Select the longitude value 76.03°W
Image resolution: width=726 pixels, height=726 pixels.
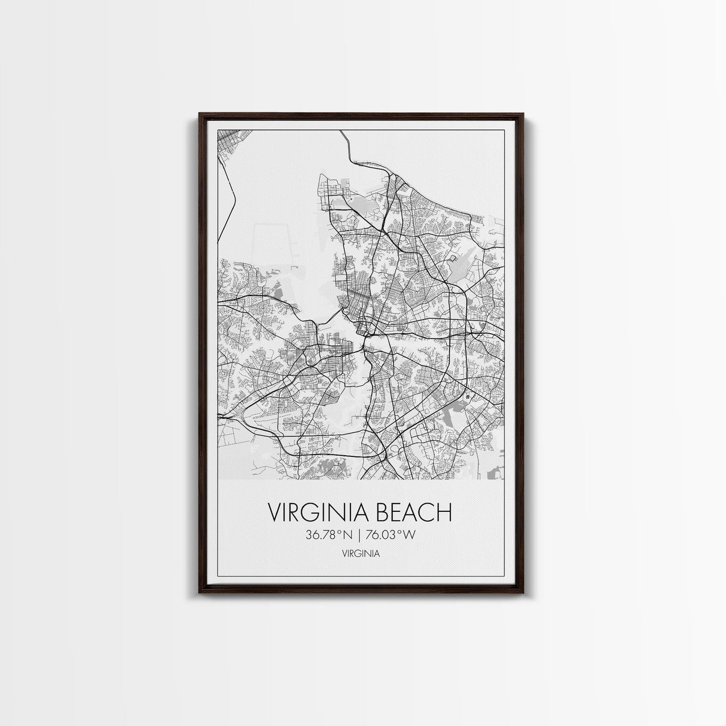(x=390, y=535)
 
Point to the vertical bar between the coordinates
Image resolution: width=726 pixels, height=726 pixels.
(x=359, y=535)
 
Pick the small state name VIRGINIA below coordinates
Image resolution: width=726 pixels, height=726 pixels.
(x=361, y=554)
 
